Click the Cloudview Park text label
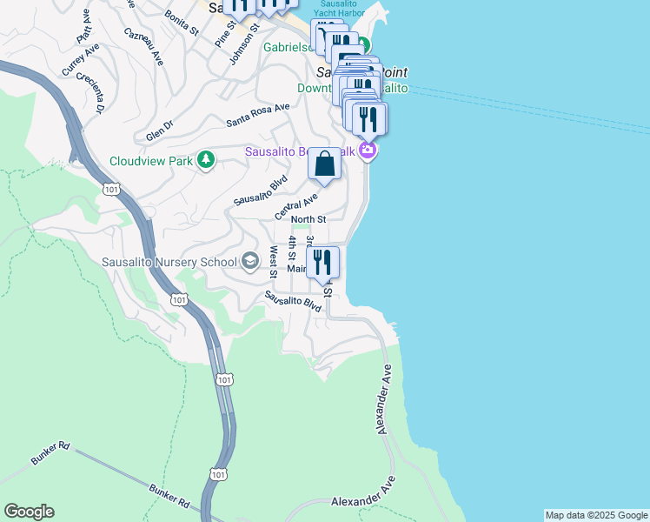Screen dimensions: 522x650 [151, 161]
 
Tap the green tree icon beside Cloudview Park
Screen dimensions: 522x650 [206, 159]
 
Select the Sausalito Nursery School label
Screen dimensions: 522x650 [169, 262]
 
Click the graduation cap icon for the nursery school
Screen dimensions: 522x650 [250, 261]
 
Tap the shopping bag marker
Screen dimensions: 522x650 [324, 164]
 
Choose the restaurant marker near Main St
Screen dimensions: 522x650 [322, 263]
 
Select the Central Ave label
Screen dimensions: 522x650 [295, 207]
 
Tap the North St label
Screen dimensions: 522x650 [308, 219]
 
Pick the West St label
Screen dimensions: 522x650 [273, 261]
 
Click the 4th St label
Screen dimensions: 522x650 [293, 246]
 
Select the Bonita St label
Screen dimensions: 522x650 [182, 23]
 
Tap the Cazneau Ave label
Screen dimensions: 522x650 [143, 46]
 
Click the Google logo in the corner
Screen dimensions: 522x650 [29, 512]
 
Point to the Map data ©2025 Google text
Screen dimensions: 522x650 [595, 515]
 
